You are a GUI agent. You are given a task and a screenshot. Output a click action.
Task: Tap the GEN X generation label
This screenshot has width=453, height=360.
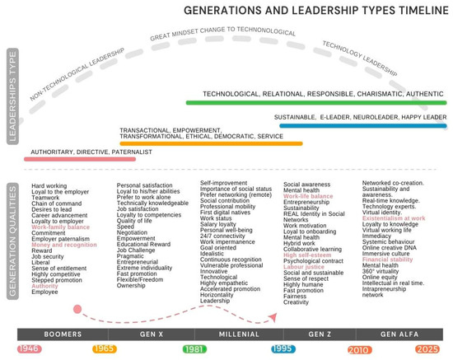tap(153, 335)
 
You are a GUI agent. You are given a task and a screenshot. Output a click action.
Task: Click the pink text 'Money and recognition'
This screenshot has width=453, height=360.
tap(64, 245)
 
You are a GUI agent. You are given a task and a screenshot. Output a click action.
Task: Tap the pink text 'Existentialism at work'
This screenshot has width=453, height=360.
tap(394, 218)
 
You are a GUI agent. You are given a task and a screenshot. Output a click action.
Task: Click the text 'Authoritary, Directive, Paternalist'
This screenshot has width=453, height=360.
tap(91, 152)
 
